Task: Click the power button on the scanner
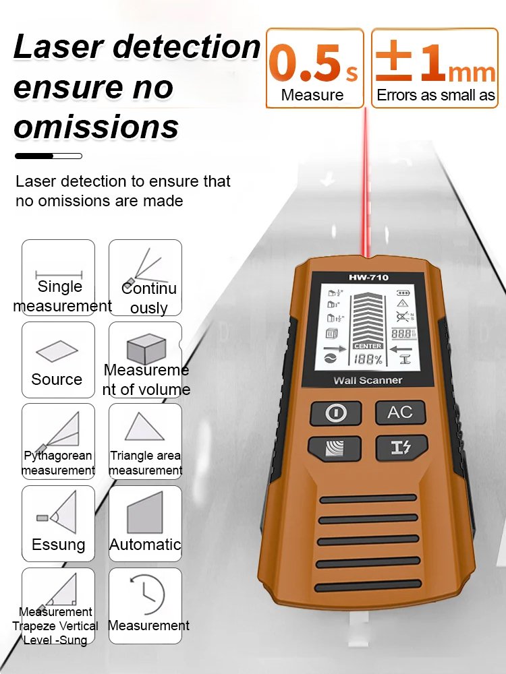[335, 413]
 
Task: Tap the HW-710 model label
[368, 277]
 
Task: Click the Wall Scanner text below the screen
[368, 380]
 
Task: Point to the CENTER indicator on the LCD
[368, 346]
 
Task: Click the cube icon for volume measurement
[146, 349]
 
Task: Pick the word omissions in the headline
[96, 127]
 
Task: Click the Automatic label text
[145, 545]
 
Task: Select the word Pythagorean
[58, 456]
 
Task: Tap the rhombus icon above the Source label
[57, 351]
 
